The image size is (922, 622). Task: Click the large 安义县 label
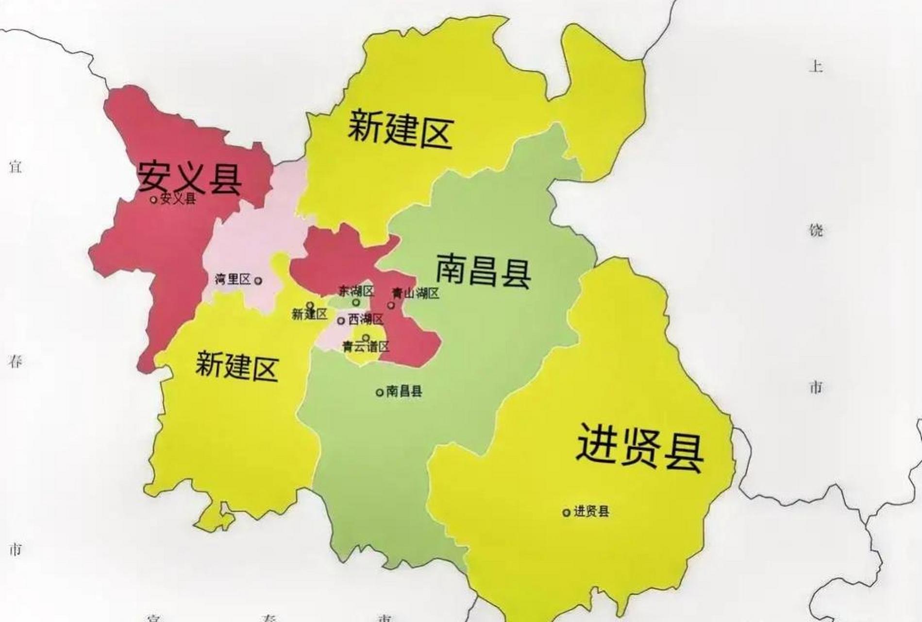(x=190, y=177)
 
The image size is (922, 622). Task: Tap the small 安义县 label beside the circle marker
(x=178, y=198)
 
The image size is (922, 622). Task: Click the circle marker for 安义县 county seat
(x=154, y=199)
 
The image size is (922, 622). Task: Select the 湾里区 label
(x=233, y=279)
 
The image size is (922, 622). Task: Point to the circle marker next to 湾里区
(x=258, y=280)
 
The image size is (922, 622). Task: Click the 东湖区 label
(x=357, y=291)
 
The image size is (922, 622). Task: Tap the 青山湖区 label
(x=416, y=293)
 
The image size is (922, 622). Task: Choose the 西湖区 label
(x=366, y=319)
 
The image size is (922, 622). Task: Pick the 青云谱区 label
(x=366, y=346)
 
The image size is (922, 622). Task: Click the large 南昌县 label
(x=483, y=270)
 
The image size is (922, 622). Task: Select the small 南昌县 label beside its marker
(x=404, y=391)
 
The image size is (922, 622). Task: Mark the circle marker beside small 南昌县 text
(x=380, y=392)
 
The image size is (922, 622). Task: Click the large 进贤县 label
(x=640, y=448)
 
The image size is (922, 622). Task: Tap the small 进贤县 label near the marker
(x=591, y=511)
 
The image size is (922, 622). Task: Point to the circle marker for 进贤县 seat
(x=566, y=512)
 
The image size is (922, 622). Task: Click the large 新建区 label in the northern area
(x=401, y=129)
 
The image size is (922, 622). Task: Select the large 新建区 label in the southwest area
(x=236, y=366)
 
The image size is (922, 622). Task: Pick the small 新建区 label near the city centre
(x=310, y=314)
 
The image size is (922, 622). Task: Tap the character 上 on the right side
(x=816, y=66)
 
